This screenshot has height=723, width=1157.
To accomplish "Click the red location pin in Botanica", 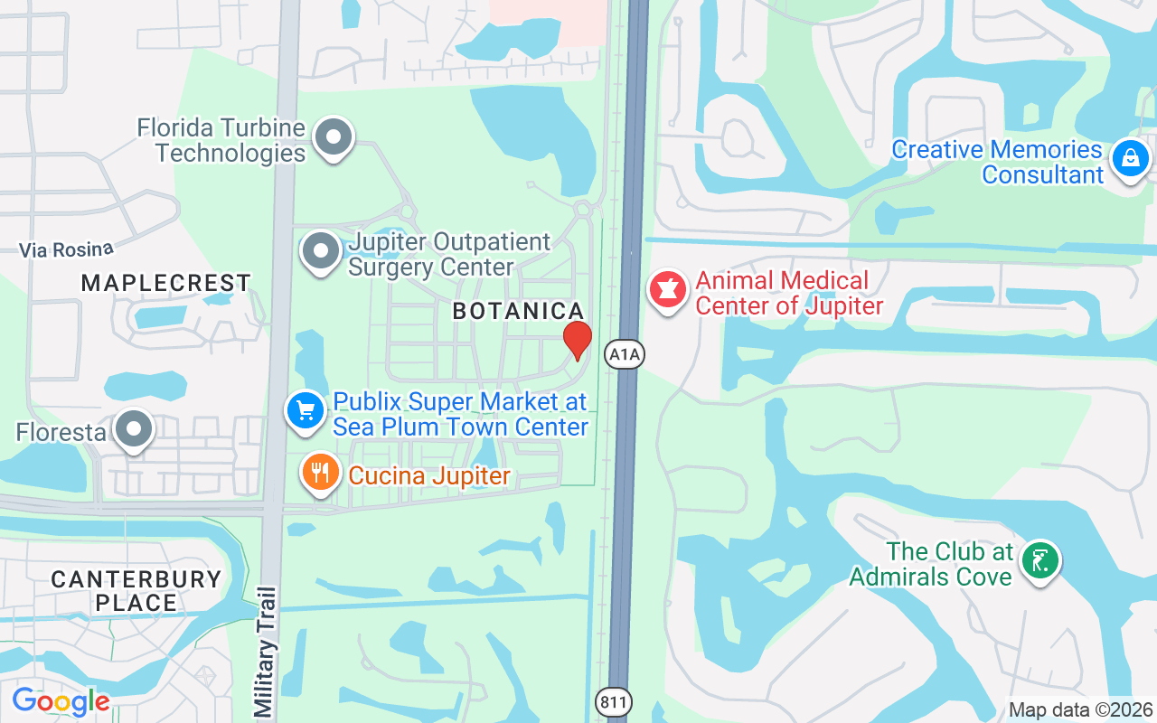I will pos(578,341).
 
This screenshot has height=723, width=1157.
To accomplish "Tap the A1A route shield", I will pos(625,354).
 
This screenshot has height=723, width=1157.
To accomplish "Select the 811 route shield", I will pos(614,702).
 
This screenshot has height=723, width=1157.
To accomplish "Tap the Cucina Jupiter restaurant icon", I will pos(319,472).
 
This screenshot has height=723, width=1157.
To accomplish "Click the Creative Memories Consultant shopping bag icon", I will pos(1130,159).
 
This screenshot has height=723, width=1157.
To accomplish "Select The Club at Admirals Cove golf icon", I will pos(1040,561).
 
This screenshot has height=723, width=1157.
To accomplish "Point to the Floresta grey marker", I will pos(135,430).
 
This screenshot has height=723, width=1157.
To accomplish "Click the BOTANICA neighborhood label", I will pos(518,311).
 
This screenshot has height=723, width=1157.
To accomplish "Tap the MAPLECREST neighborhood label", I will pos(166,283).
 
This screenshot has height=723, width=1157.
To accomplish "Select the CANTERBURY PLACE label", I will pos(136,591).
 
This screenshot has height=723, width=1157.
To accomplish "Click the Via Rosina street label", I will pos(67,249).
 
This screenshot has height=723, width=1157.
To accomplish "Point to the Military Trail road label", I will pos(264,651).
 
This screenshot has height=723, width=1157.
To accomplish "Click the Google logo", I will pos(61,701).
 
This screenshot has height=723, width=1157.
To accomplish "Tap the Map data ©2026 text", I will pos(1081,710).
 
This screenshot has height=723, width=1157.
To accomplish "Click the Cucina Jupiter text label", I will pos(429,475).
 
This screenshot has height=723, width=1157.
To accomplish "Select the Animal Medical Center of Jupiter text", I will pos(788,294).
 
